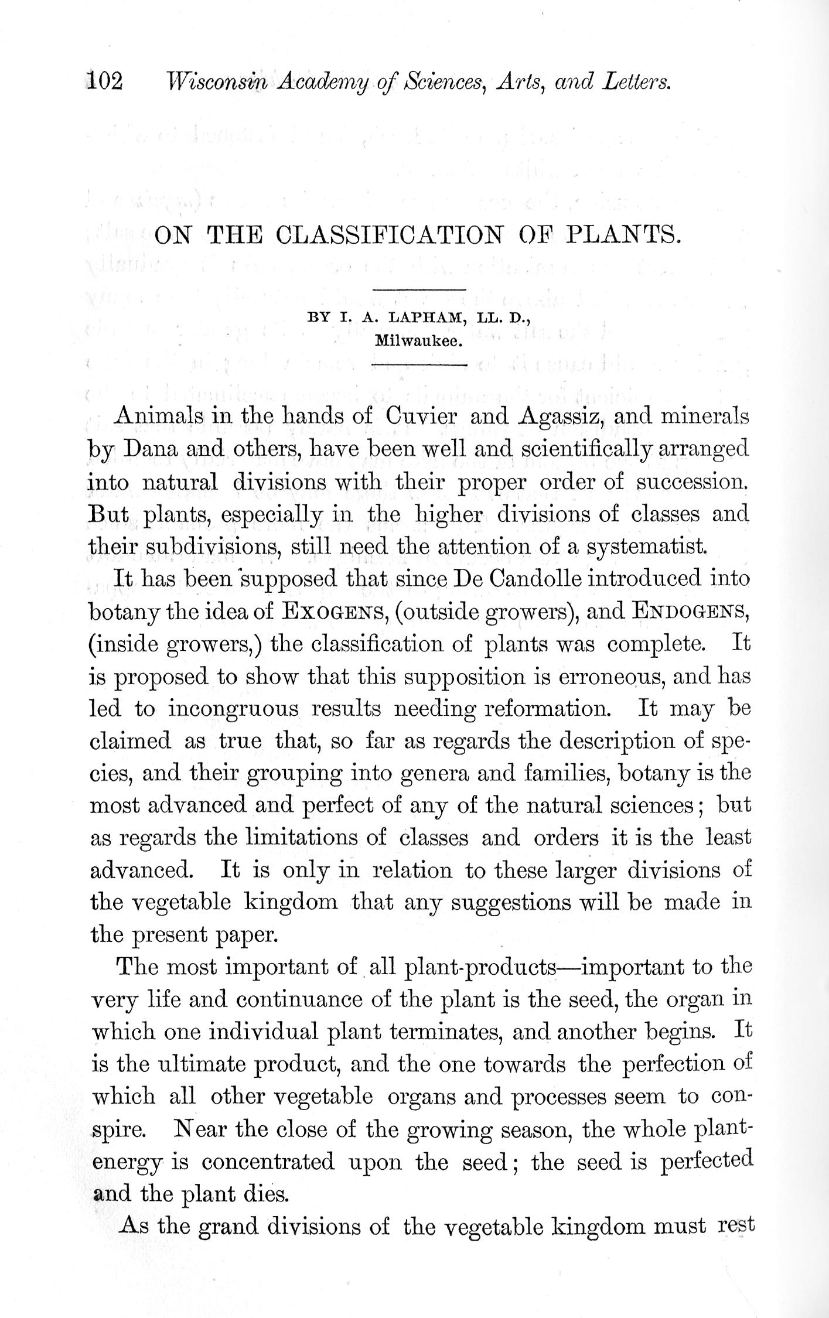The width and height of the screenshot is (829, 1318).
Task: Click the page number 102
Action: (105, 81)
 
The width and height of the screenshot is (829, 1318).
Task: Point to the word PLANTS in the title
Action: (623, 235)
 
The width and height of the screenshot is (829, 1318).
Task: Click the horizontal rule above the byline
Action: (419, 289)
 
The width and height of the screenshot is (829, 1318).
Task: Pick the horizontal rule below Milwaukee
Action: (419, 366)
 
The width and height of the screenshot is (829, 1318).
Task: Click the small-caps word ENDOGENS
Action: (691, 612)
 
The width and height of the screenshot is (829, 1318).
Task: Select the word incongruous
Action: (234, 709)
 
